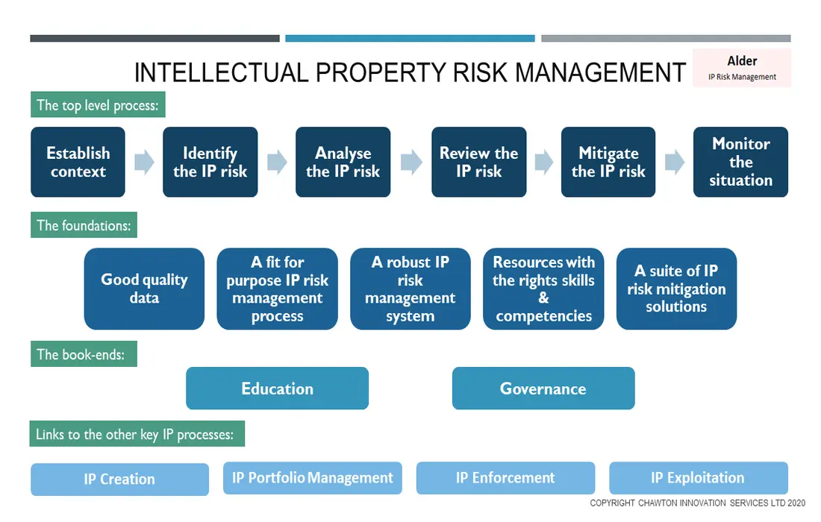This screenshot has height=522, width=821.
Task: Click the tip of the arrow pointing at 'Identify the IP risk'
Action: click(x=155, y=162)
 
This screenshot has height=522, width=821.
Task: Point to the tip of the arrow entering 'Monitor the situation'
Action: click(x=685, y=162)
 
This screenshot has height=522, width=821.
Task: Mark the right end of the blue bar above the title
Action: click(x=534, y=38)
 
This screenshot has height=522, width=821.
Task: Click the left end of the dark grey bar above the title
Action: click(x=31, y=38)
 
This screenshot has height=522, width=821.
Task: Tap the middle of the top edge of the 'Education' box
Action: click(x=277, y=367)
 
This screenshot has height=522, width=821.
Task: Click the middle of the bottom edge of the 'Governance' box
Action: click(x=543, y=409)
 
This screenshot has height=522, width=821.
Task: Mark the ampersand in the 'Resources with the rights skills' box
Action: click(x=543, y=298)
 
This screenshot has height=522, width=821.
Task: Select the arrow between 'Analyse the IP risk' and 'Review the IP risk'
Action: click(x=411, y=162)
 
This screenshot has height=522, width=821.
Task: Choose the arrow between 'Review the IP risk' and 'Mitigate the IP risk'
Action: click(x=544, y=162)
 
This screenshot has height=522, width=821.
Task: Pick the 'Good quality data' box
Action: click(x=144, y=289)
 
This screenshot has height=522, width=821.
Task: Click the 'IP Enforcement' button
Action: click(x=505, y=477)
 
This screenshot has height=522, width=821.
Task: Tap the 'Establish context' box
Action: click(x=78, y=162)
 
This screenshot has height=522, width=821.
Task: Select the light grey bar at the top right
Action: click(x=666, y=38)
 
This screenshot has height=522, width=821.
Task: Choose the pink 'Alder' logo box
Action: click(x=742, y=67)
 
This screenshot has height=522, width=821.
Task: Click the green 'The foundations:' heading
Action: click(x=84, y=225)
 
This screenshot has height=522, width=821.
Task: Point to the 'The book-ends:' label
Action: click(x=84, y=354)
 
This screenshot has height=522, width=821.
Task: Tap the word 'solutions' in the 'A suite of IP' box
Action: click(x=676, y=306)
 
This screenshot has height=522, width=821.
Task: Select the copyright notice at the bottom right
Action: click(x=697, y=503)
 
